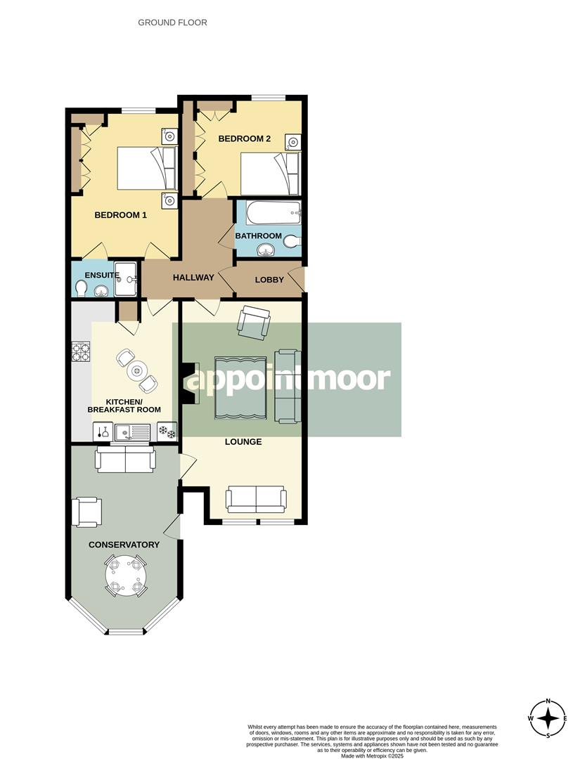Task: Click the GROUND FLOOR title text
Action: [x=172, y=22]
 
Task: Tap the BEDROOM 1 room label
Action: [x=120, y=215]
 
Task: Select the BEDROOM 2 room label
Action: [x=244, y=138]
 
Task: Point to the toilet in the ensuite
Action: [x=81, y=288]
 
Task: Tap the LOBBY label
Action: [x=269, y=280]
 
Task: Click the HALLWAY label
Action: [x=193, y=278]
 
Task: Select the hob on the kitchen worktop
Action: [x=82, y=350]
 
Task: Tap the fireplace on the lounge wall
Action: [x=188, y=384]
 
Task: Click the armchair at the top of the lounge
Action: [x=253, y=323]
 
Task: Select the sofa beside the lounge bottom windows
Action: [x=256, y=499]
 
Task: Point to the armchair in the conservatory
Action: [x=86, y=512]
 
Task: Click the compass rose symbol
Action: [x=548, y=718]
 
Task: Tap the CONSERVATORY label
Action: [x=124, y=545]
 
